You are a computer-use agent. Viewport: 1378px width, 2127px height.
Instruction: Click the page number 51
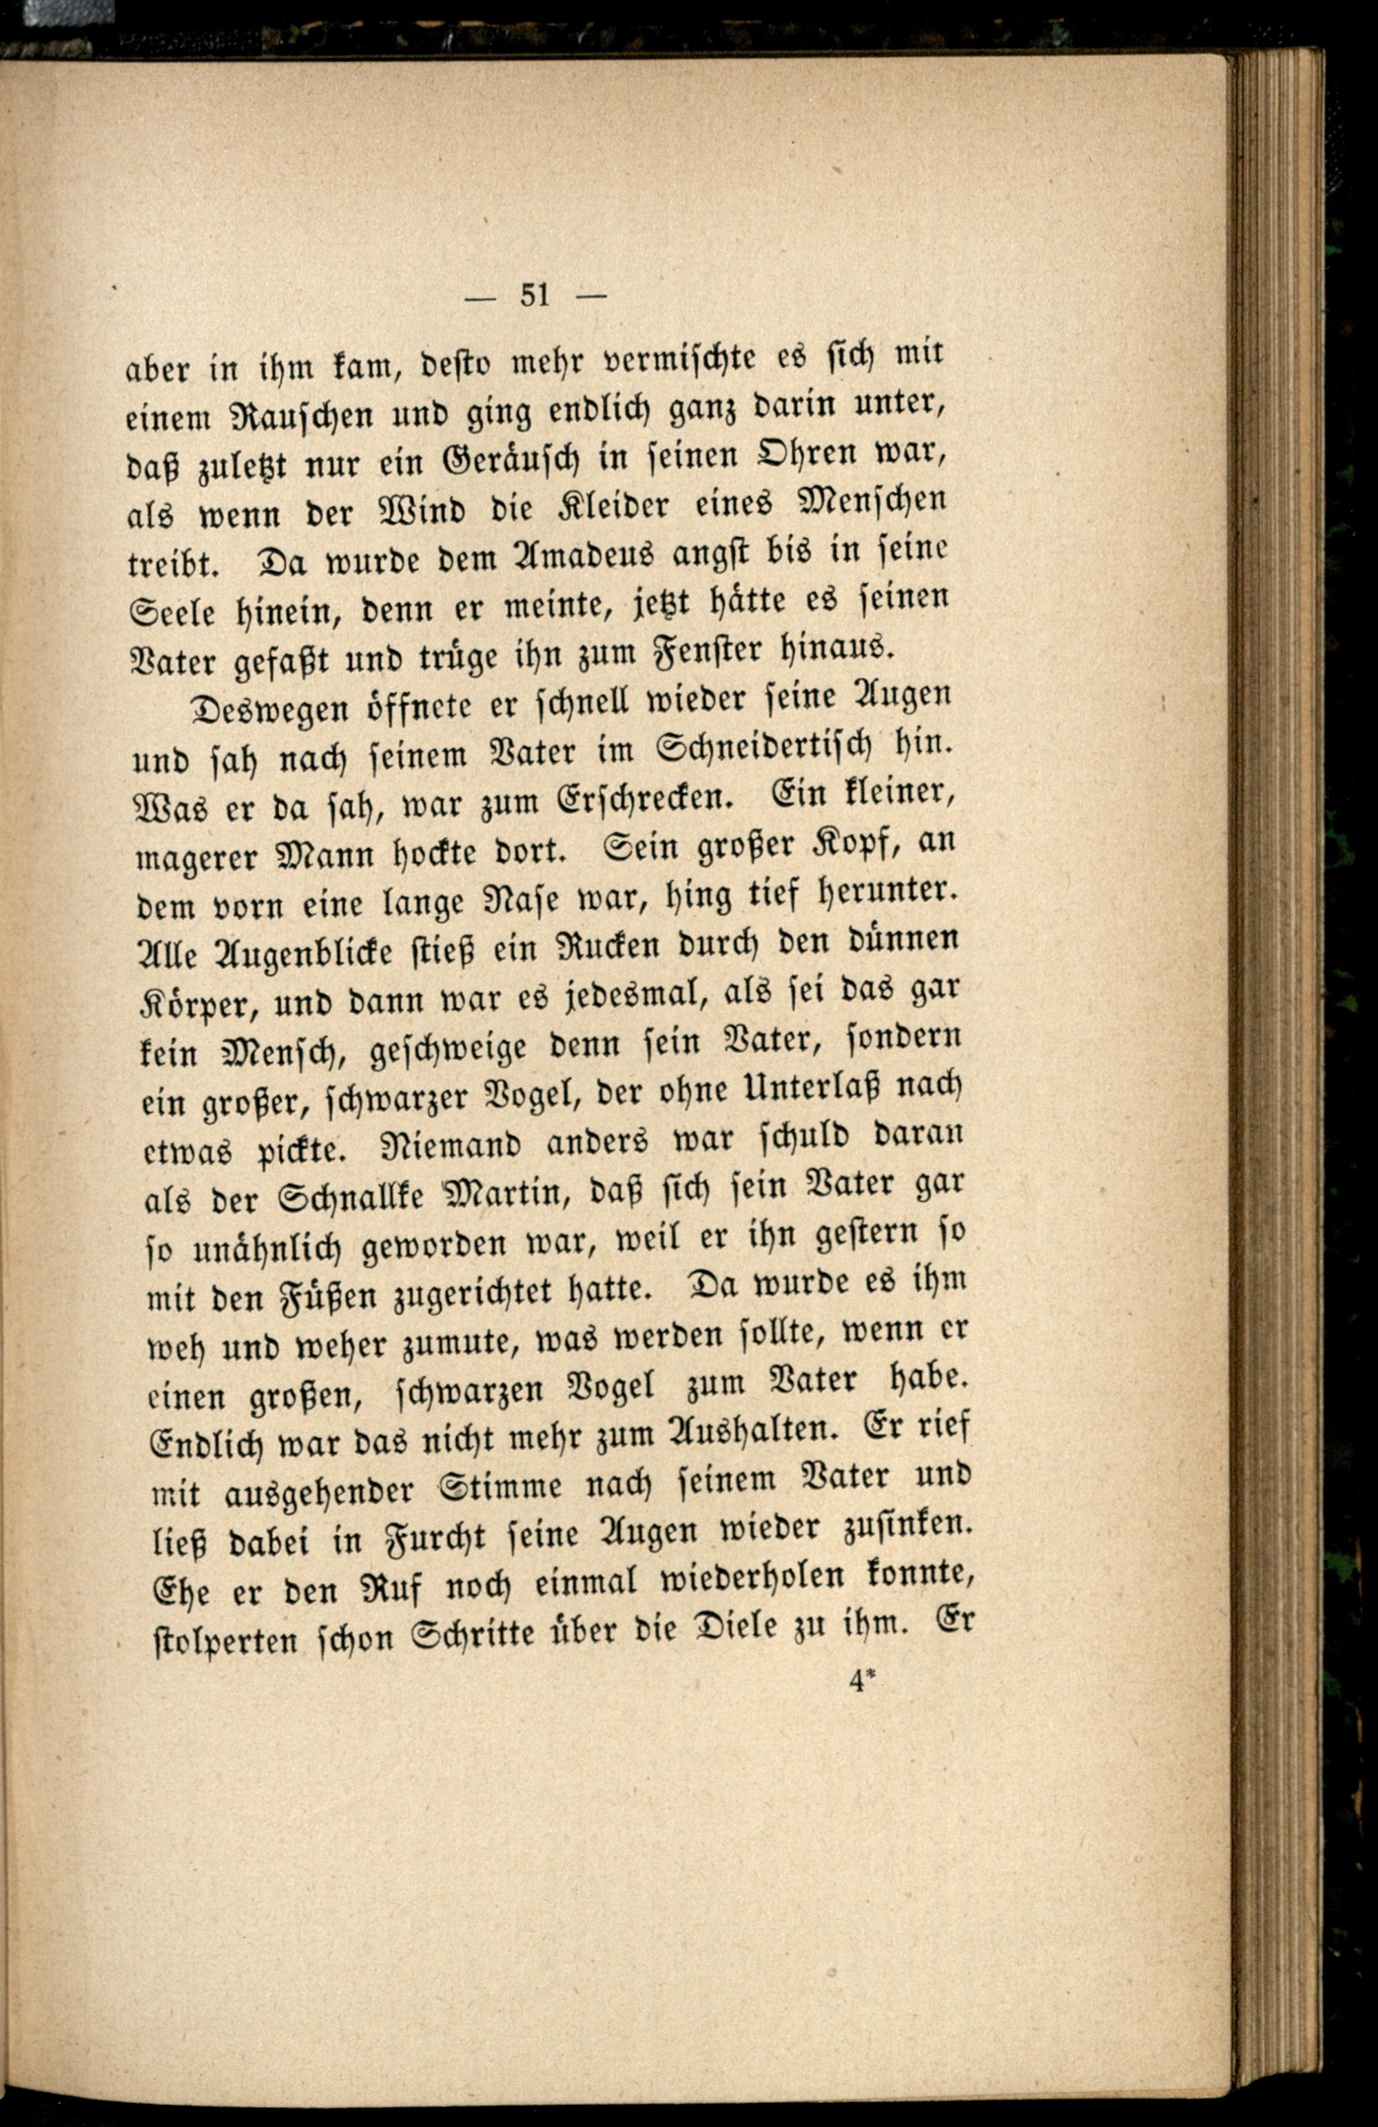pyautogui.click(x=535, y=294)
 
